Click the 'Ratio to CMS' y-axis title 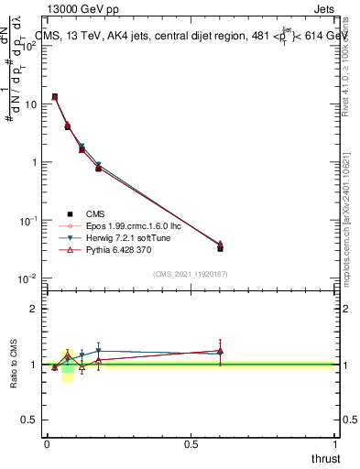(14, 364)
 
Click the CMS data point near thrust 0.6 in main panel (220, 247)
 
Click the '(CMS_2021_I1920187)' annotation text (191, 274)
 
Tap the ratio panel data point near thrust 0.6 (220, 351)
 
